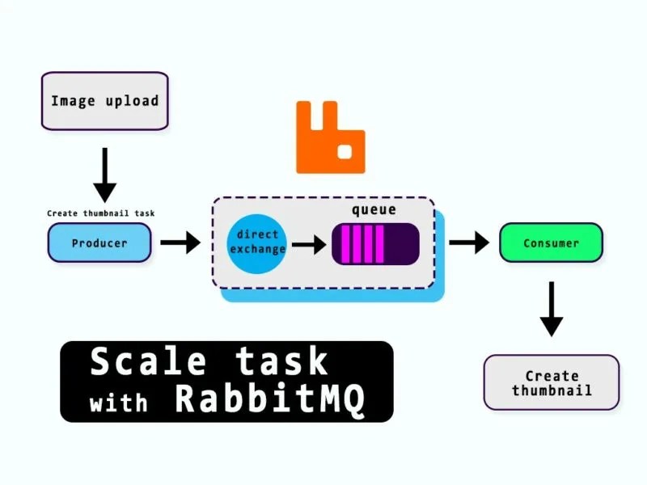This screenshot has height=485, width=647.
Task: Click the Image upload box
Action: pos(104,101)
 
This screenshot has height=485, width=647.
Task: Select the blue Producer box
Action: pos(99,242)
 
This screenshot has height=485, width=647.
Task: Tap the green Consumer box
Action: pos(551,242)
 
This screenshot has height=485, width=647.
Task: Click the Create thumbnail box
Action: pos(551,382)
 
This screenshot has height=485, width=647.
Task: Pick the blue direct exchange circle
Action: pos(258,242)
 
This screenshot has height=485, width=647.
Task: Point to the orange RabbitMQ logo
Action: pos(330,137)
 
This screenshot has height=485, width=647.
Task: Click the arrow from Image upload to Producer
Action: pos(104,175)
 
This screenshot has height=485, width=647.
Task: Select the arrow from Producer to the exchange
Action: pos(180,242)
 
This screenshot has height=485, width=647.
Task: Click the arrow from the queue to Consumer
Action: pos(468,242)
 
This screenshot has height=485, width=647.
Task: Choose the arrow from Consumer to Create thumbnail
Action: pos(551,309)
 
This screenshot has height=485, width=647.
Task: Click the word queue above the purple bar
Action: pos(374,210)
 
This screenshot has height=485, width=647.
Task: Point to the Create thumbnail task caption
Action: pos(100,213)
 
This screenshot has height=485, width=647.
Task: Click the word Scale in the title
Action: pos(142,361)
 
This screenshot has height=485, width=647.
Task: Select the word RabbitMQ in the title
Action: pos(270,400)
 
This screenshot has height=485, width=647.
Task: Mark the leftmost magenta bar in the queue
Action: pos(345,244)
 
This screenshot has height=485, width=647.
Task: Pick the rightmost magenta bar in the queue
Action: pos(379,244)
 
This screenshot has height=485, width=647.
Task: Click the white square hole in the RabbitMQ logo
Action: pos(345,151)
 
